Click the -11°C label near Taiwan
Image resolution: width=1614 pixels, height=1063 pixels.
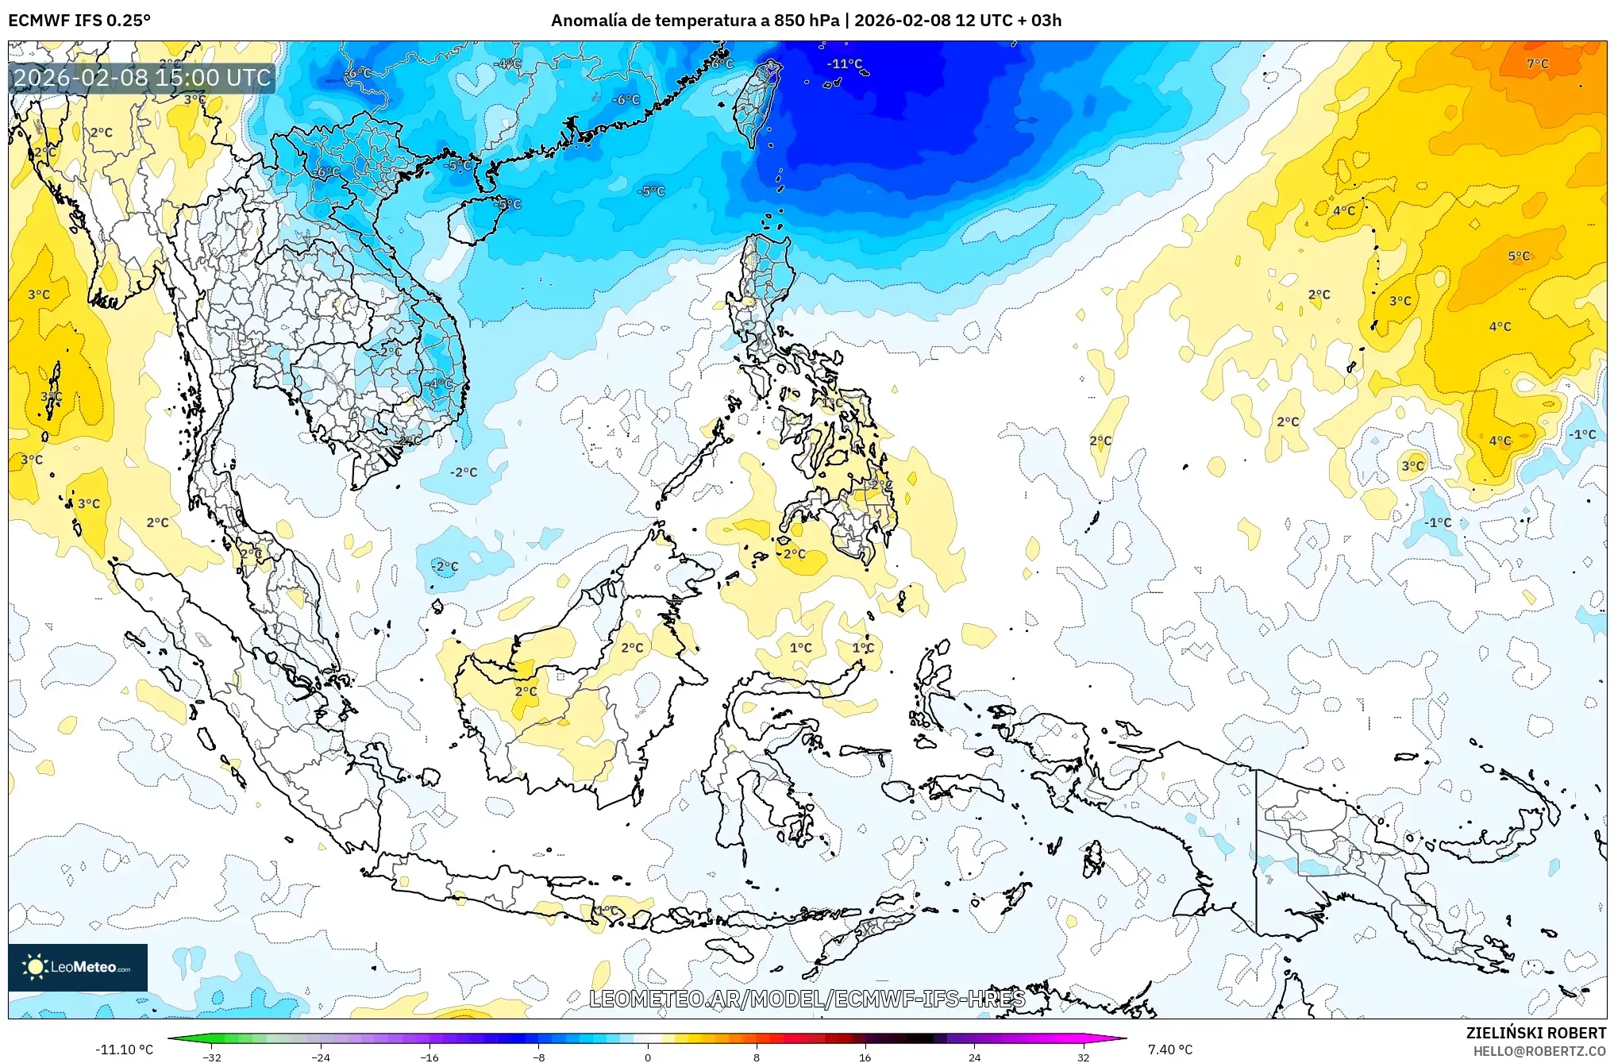coord(844,64)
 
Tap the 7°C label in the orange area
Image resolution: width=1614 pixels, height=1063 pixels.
coord(1537,64)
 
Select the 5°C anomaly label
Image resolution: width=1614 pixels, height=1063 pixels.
coord(1518,256)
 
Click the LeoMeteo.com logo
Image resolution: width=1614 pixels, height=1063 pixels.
coord(78,967)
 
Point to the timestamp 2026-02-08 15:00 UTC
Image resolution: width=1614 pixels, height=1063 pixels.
coord(143,78)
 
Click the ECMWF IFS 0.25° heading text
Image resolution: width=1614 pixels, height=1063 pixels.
coord(79,21)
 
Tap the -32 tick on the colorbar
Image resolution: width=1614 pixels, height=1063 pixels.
coord(212,1057)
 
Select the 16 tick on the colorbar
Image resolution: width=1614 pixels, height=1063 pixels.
coord(865,1057)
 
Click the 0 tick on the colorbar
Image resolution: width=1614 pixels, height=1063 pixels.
coord(647,1057)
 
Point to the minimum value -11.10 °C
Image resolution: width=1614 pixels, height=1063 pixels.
coord(124,1050)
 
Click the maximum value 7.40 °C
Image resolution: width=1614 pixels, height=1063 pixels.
coord(1169,1050)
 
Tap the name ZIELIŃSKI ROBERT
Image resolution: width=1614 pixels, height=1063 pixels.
coord(1535,1033)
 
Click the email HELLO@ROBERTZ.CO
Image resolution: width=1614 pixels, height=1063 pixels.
coord(1539,1051)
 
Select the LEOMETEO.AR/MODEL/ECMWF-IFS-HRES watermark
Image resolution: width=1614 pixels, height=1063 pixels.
coord(807,999)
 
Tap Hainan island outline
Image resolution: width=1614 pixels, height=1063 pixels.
coord(473,220)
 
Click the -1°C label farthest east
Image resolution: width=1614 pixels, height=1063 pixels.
coord(1581,434)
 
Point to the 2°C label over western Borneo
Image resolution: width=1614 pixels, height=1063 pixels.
coord(526,691)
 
